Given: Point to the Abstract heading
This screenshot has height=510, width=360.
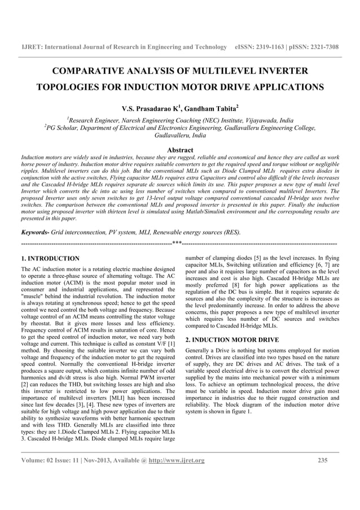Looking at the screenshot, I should (x=180, y=150).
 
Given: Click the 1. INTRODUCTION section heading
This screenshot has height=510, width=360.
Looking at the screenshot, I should (x=50, y=258).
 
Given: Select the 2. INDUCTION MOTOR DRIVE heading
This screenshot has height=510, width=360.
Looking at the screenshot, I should (x=232, y=340).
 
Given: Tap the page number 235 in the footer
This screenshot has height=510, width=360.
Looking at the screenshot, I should (x=323, y=460).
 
